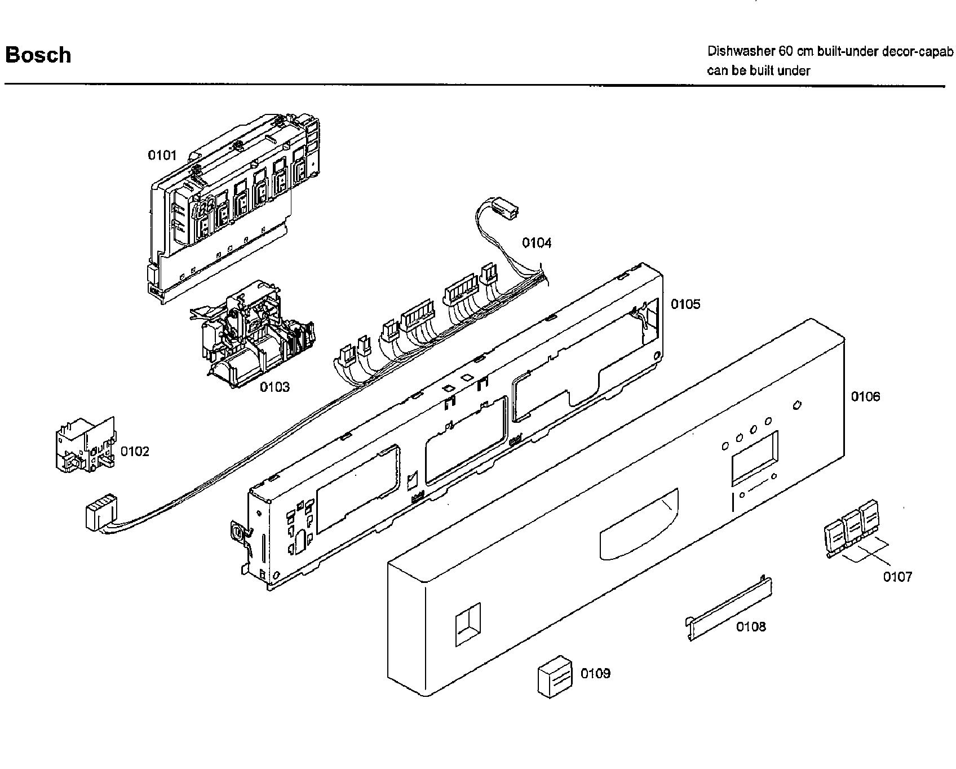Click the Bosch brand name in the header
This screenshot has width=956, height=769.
tap(38, 55)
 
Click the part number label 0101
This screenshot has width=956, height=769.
tap(162, 155)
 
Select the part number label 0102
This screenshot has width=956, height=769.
tap(135, 451)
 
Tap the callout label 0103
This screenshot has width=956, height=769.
tap(275, 387)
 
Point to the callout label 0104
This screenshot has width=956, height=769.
tap(537, 243)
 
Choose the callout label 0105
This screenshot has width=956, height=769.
tap(685, 304)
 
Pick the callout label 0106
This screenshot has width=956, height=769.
tap(865, 397)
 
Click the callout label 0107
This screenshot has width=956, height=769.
tap(897, 577)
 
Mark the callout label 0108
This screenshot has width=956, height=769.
tap(751, 626)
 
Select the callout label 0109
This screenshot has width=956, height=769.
tap(595, 674)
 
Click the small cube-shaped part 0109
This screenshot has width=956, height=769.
tap(554, 676)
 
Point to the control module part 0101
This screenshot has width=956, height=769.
tap(225, 209)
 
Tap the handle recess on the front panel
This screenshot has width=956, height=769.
tap(639, 525)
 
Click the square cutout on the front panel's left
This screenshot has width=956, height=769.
tap(467, 624)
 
